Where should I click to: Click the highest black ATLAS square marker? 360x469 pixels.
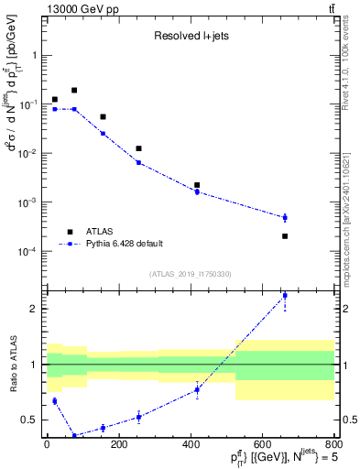74,91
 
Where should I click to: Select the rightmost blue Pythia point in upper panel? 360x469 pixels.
285,217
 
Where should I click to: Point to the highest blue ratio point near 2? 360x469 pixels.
285,296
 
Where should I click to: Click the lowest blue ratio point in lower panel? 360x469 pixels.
74,436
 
